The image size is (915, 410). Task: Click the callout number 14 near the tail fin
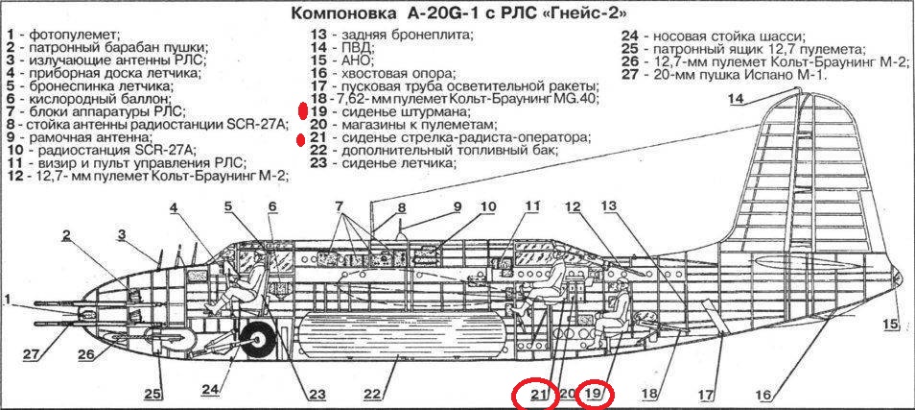[x=737, y=99]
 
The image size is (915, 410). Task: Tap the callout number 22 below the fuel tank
[x=372, y=395]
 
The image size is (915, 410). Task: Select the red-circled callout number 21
[x=540, y=395]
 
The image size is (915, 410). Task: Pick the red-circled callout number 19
[x=593, y=395]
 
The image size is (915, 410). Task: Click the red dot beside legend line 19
[x=303, y=111]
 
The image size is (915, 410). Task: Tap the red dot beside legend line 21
[x=301, y=140]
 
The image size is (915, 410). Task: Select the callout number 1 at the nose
[x=7, y=300]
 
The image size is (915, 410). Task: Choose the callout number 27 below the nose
[x=33, y=354]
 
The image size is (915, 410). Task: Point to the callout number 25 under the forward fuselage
[x=152, y=395]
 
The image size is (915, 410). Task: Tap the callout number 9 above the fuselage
[x=457, y=206]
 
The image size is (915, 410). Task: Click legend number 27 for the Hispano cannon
[x=630, y=75]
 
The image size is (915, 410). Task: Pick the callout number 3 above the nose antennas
[x=122, y=234]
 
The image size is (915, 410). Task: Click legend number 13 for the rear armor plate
[x=318, y=35]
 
